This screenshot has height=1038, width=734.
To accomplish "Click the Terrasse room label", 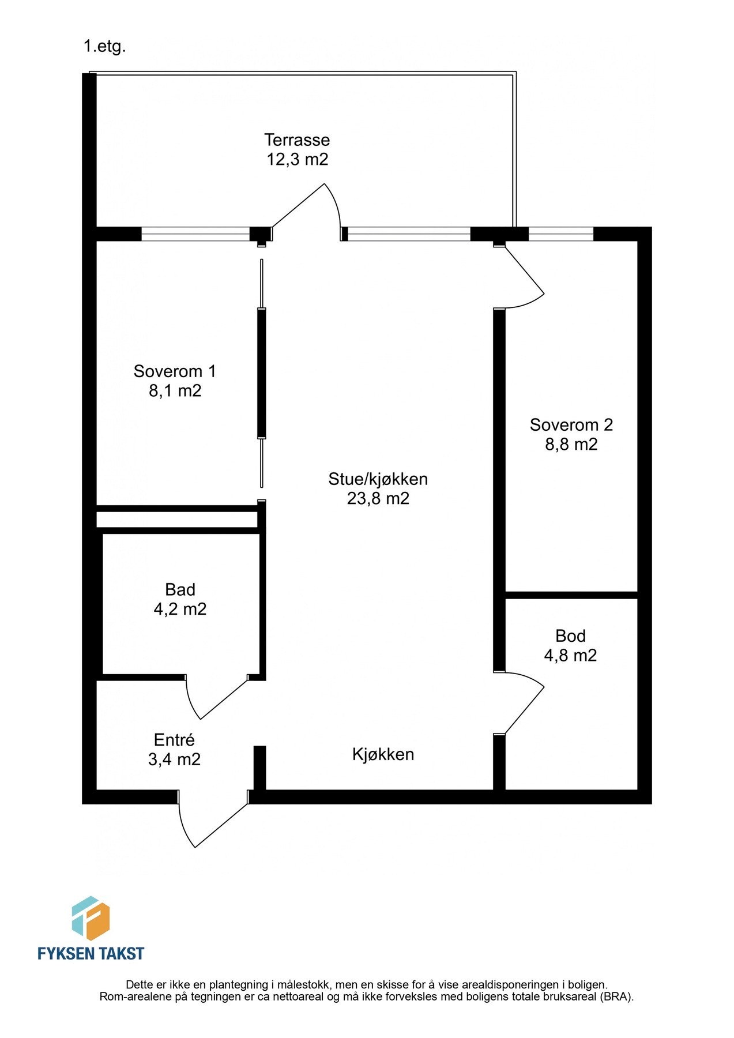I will [x=297, y=140].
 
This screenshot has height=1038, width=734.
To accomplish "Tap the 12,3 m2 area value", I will [x=297, y=159].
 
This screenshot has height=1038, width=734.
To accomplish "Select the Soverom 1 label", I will [x=175, y=371].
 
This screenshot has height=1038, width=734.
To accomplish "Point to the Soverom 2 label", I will [x=571, y=425].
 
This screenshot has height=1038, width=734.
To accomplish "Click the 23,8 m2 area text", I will [x=378, y=498].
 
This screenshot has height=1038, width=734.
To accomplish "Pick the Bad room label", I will [x=180, y=589].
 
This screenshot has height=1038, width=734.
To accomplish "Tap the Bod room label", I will [x=570, y=635].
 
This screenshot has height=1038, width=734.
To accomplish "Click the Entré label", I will [x=174, y=740].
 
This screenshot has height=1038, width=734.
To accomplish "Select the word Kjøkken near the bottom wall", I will [x=383, y=754].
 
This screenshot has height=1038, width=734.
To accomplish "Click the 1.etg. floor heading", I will [x=104, y=47].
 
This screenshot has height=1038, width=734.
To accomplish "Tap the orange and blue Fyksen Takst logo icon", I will [x=91, y=918].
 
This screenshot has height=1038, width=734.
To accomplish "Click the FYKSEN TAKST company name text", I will [x=91, y=953].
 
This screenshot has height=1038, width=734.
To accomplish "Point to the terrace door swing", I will [x=308, y=210].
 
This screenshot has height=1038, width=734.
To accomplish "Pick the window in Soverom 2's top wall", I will [x=560, y=234].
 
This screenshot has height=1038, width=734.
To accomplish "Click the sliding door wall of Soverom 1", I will [x=262, y=375].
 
